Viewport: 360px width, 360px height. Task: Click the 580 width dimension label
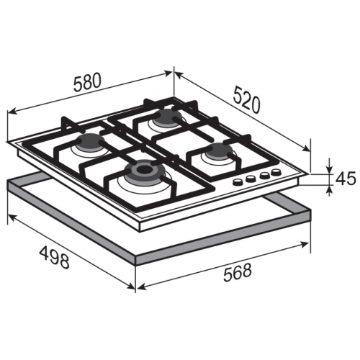(x=86, y=82)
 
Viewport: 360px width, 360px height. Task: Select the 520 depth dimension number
(x=246, y=99)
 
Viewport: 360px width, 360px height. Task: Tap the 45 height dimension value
(x=346, y=179)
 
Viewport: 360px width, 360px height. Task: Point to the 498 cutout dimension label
(x=54, y=258)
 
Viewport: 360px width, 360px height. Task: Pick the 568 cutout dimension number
(x=237, y=272)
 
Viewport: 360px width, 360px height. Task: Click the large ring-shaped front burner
(x=145, y=171)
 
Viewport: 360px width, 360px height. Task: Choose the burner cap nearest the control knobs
(x=219, y=150)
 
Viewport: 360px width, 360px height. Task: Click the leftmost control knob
(x=238, y=181)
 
